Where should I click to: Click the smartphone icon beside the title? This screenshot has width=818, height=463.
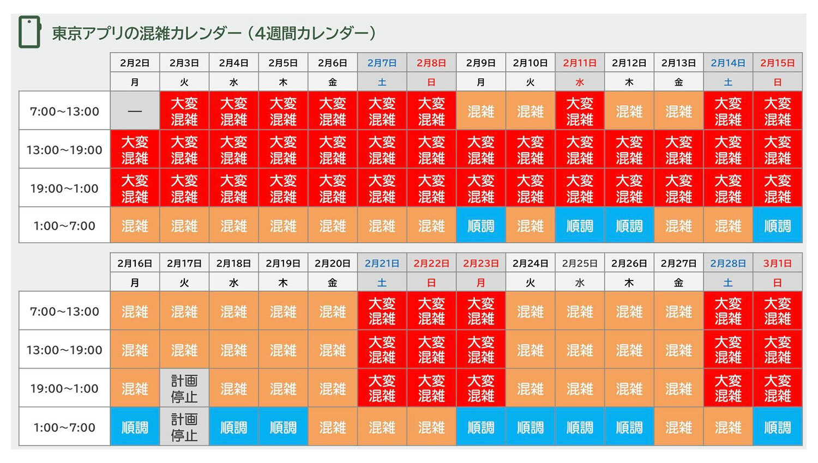(29, 32)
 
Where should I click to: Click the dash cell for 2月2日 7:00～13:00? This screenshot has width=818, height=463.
(135, 111)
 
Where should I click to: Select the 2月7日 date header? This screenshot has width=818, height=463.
(382, 63)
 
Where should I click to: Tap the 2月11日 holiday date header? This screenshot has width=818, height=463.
(580, 63)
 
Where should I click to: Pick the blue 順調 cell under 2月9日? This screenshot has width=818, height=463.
(480, 226)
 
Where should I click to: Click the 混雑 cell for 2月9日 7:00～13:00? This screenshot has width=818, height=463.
(480, 111)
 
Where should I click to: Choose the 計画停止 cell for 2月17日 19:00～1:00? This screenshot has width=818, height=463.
(184, 388)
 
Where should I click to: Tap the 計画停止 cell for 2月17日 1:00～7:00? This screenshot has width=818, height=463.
(184, 427)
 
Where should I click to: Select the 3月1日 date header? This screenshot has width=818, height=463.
(777, 263)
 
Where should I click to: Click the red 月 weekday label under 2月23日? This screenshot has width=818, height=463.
(480, 283)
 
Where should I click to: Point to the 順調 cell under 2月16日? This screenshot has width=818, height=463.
(135, 427)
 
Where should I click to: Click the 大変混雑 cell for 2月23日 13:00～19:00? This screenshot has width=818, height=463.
(480, 350)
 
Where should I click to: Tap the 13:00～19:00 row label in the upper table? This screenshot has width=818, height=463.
(64, 150)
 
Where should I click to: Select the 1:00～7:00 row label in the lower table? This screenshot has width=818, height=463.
(64, 427)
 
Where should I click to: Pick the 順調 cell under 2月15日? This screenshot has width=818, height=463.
(777, 226)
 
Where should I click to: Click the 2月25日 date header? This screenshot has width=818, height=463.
(580, 263)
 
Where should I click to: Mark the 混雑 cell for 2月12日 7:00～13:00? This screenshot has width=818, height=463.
(629, 111)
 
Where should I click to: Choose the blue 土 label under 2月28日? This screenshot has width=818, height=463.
(728, 283)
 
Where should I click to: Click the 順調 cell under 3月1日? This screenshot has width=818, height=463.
(777, 427)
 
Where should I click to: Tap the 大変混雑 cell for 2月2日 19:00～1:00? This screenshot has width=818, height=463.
(135, 188)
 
